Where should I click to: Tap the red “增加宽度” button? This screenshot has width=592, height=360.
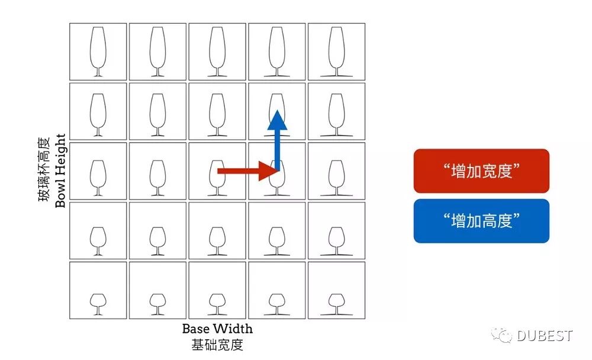click(481, 171)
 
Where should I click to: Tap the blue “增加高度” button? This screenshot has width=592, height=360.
click(481, 221)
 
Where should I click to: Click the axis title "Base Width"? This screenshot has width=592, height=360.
click(217, 329)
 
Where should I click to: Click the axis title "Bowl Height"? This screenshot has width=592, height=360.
click(60, 171)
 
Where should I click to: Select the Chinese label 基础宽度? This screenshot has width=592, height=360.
click(217, 345)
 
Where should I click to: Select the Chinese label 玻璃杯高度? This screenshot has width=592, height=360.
click(45, 171)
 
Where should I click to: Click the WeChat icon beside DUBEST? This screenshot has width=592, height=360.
click(504, 336)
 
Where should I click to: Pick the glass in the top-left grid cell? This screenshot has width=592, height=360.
click(98, 52)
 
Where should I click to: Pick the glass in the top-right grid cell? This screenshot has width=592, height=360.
click(336, 52)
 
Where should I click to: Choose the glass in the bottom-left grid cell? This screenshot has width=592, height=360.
click(98, 303)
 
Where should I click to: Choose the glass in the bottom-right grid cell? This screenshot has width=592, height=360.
click(336, 303)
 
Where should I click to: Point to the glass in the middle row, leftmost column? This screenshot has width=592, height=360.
click(98, 177)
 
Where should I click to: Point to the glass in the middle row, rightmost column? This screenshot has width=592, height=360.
click(336, 177)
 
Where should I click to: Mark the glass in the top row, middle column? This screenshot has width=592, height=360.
click(217, 52)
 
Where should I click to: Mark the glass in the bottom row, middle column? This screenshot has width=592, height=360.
click(217, 303)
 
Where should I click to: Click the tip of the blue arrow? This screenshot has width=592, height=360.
click(276, 112)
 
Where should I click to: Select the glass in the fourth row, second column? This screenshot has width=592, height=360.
click(157, 239)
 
